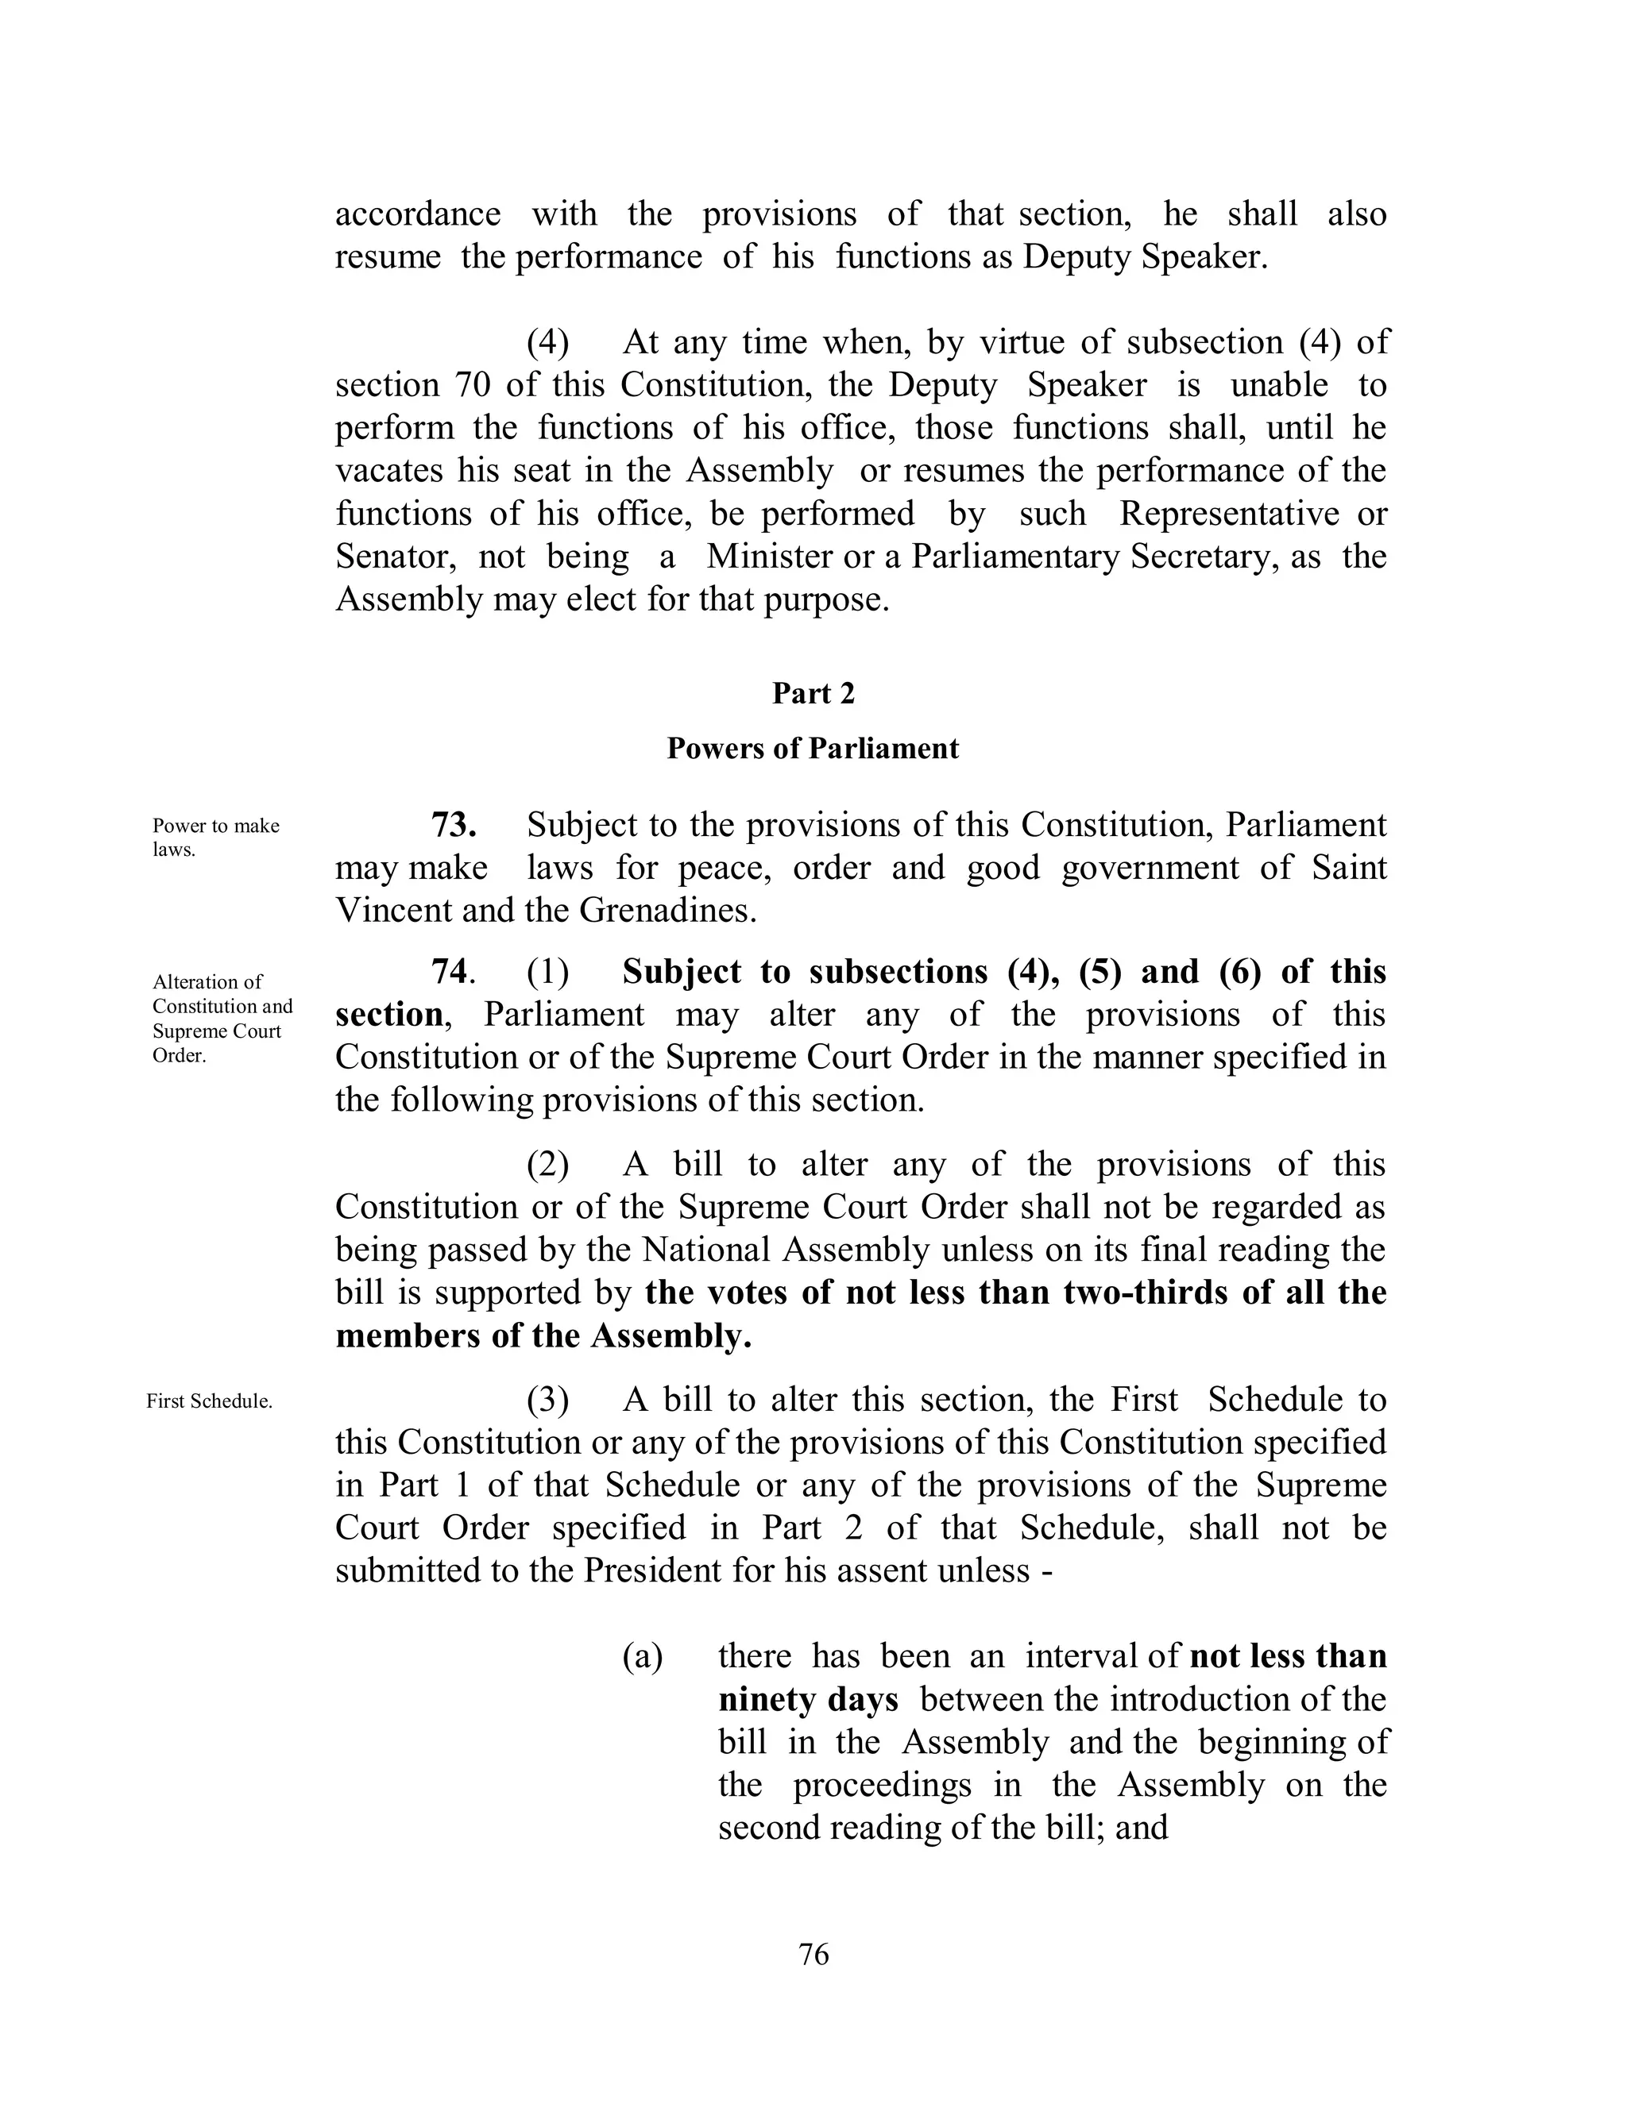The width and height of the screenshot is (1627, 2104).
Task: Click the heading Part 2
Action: tap(813, 694)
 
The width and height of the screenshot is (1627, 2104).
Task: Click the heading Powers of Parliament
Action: tap(813, 749)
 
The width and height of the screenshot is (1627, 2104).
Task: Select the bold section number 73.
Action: tap(454, 826)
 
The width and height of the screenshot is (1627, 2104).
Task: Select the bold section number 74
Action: tap(451, 972)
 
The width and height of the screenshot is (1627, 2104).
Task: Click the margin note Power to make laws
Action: tap(216, 837)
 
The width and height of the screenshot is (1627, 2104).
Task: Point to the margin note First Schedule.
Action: tap(209, 1401)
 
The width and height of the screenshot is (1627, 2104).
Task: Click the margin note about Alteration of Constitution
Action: tap(222, 1019)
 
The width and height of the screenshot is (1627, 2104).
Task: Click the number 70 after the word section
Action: tap(471, 385)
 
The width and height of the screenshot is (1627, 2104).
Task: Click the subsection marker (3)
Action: tap(547, 1400)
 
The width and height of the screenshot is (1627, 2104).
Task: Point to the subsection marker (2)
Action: tap(547, 1165)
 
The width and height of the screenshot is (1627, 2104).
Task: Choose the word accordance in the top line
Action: tap(417, 214)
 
